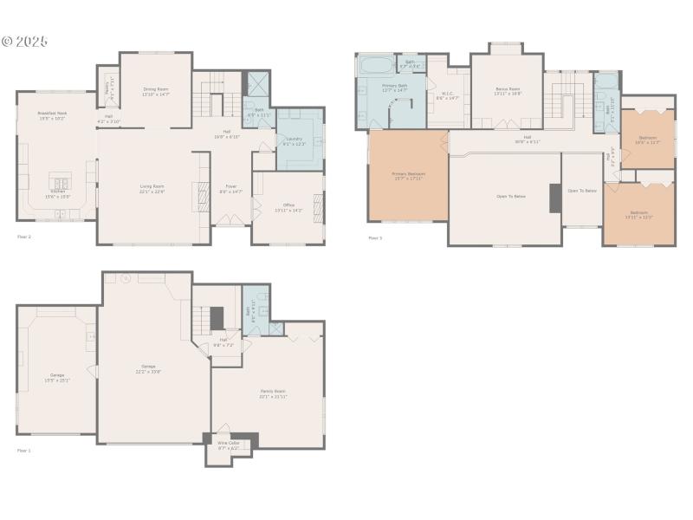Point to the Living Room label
(152, 188)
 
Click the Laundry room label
(294, 141)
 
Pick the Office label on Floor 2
(288, 207)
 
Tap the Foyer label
(231, 188)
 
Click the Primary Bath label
(395, 88)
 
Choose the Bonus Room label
(508, 91)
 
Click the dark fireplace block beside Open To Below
(554, 198)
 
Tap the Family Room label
(273, 393)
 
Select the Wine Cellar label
(229, 445)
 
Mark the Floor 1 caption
(23, 451)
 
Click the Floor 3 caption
(374, 237)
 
